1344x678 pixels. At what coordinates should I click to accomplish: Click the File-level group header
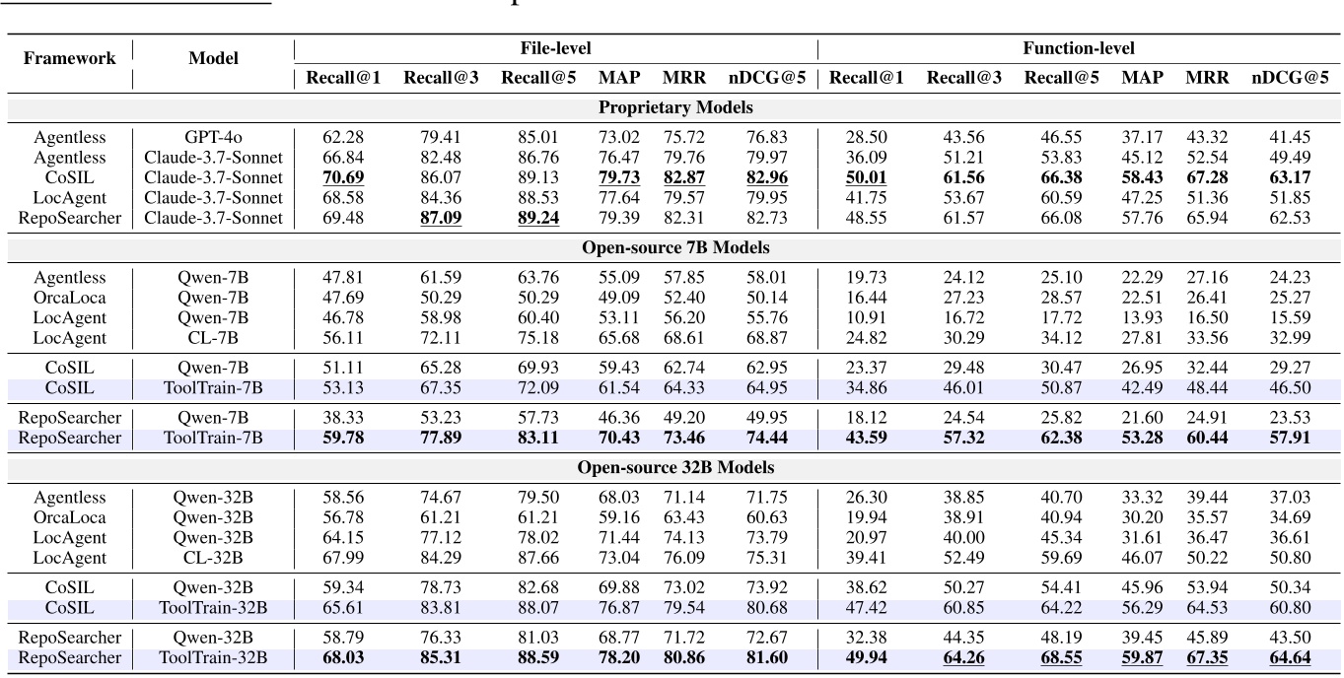pyautogui.click(x=555, y=47)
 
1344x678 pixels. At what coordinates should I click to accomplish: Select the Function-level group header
pyautogui.click(x=1081, y=47)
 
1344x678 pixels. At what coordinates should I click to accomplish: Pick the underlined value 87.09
pyautogui.click(x=440, y=218)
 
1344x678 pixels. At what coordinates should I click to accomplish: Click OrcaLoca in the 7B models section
pyautogui.click(x=68, y=297)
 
